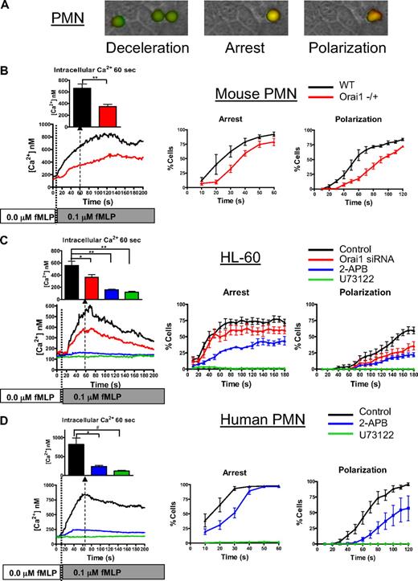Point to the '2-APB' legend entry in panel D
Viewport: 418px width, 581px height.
tap(371, 428)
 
